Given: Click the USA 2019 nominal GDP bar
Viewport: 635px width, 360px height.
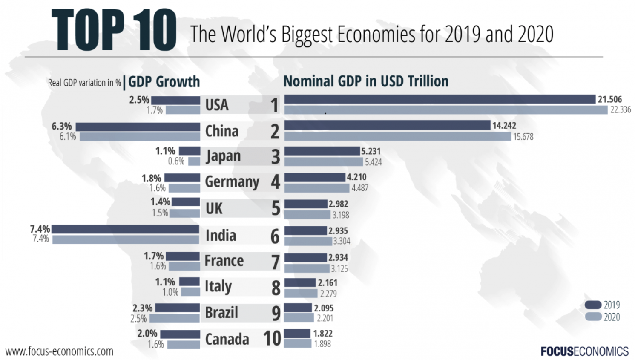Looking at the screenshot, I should click(440, 99).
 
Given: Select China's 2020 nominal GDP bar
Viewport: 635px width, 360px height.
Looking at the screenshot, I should click(397, 136).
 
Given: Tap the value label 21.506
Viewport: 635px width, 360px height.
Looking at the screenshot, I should click(609, 99).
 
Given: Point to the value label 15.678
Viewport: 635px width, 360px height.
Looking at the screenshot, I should click(523, 137).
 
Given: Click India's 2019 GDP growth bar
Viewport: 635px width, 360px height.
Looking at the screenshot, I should click(125, 229).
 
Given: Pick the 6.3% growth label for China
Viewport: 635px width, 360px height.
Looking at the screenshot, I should click(62, 126).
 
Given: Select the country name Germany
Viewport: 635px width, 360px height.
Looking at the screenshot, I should click(232, 182).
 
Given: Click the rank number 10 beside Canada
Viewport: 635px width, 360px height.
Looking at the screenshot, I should click(272, 339).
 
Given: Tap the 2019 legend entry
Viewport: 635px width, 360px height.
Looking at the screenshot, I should click(602, 305).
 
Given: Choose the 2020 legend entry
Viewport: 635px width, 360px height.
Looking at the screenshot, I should click(602, 317).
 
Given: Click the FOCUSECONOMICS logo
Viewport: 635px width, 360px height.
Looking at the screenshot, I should click(584, 351).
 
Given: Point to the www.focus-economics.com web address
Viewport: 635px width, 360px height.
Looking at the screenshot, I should click(60, 351).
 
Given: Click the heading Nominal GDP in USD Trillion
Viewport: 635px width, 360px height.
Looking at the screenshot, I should click(366, 81).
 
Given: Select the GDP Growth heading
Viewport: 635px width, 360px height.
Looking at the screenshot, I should click(164, 81).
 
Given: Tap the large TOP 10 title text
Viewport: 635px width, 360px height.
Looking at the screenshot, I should click(114, 29).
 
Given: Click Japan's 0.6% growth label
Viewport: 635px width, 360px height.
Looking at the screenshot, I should click(176, 161).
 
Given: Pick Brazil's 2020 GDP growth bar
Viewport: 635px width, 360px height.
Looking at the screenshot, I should click(175, 318).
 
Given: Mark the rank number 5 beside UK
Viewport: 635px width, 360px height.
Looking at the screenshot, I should click(276, 208).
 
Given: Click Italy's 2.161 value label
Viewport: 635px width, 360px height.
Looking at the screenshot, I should click(327, 283).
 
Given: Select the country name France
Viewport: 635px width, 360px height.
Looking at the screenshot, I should click(224, 261).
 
